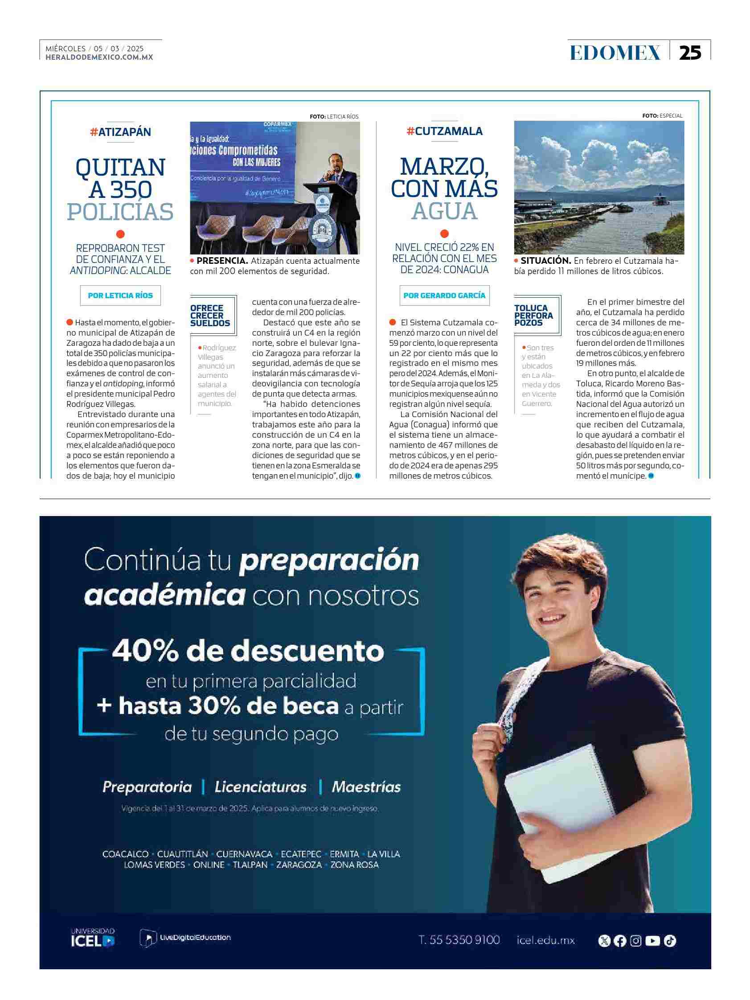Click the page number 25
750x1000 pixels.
[x=690, y=53]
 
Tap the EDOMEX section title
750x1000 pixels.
[x=615, y=53]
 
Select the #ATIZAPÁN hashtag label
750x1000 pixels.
[x=121, y=132]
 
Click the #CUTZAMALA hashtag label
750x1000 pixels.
[x=444, y=131]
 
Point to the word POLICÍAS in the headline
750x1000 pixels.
[x=120, y=212]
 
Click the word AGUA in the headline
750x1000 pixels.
[x=444, y=211]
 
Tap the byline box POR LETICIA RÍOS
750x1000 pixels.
[x=120, y=295]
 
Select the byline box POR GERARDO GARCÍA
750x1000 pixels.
[x=444, y=295]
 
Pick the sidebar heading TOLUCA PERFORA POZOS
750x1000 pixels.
[x=534, y=315]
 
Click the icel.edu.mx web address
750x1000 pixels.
[x=545, y=940]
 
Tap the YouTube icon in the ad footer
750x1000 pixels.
[x=652, y=941]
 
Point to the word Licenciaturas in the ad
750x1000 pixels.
[x=260, y=787]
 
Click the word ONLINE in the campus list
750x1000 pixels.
[x=209, y=865]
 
